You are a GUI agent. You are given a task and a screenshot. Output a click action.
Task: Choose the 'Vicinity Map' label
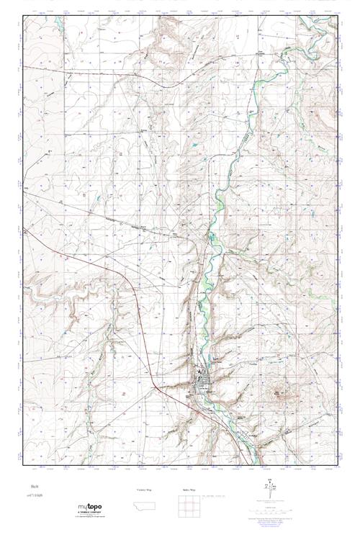tap(145, 490)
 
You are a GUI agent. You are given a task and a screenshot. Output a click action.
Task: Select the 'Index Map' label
tap(189, 490)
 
